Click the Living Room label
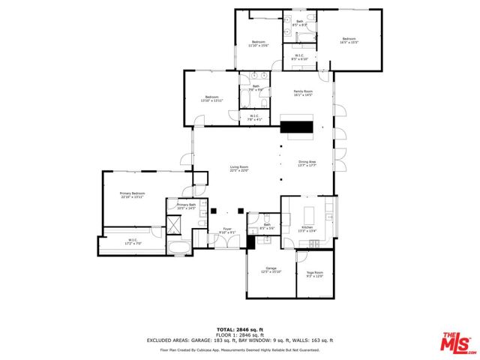click(x=238, y=169)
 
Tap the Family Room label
click(x=302, y=93)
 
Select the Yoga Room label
click(x=313, y=274)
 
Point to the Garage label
click(x=271, y=270)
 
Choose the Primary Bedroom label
click(x=132, y=195)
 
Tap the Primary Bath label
click(x=186, y=206)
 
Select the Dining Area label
click(x=307, y=163)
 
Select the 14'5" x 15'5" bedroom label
click(x=349, y=40)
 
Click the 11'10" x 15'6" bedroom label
click(x=259, y=43)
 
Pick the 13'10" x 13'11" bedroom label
click(x=211, y=98)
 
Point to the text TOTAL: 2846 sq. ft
click(x=240, y=329)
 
